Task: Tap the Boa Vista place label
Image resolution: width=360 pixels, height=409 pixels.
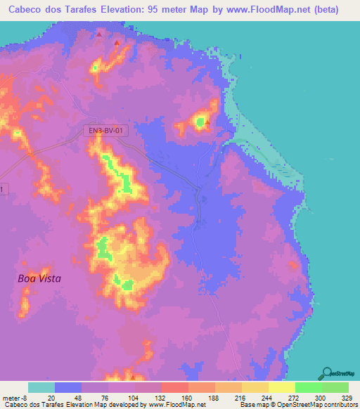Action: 39,278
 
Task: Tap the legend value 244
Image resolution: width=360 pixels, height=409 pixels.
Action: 255,397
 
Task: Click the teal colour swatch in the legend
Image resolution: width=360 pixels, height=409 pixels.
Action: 41,387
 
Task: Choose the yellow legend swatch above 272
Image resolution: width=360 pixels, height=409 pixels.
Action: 281,387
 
